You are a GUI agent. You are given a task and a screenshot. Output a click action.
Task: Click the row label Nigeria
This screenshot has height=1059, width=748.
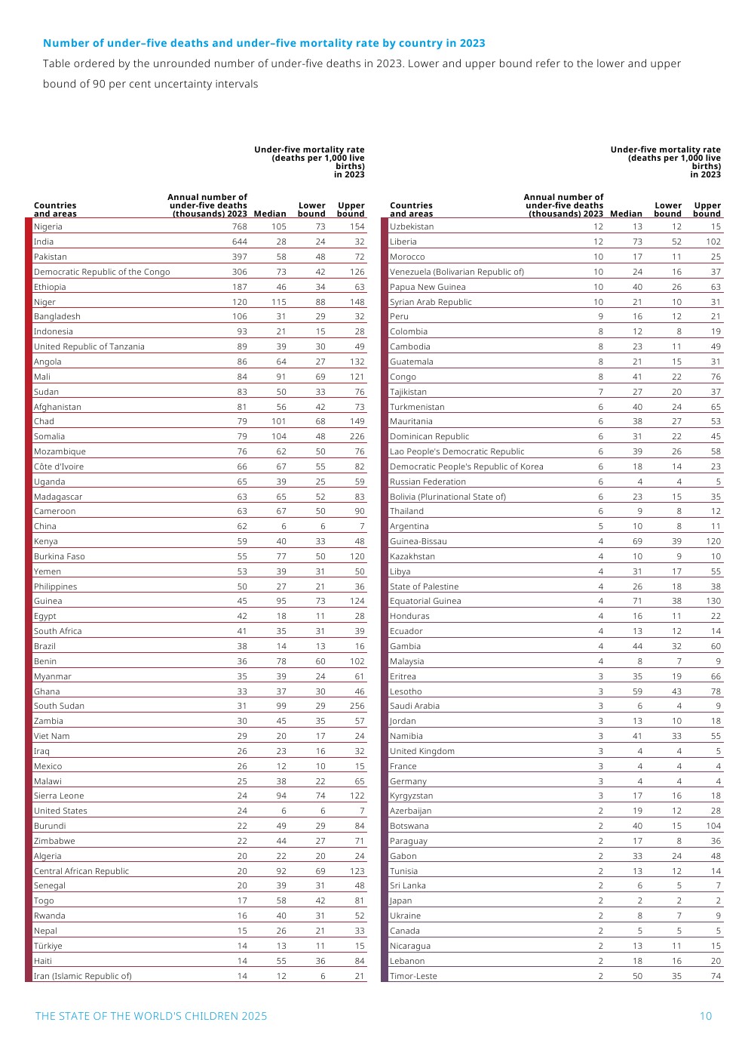pos(48,226)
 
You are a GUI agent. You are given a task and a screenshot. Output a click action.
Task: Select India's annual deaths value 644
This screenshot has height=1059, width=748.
pos(239,242)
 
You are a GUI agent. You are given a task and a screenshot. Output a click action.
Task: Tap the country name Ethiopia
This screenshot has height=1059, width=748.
pos(50,287)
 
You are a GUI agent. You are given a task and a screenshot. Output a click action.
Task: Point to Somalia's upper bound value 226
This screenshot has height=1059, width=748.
pos(357,436)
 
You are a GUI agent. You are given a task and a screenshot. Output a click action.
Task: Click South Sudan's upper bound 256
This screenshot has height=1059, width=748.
pos(357,706)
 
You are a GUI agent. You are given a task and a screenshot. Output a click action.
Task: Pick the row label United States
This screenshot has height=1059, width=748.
pos(60,811)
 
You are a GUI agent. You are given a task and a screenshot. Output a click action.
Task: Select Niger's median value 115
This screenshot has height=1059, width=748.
pos(278,302)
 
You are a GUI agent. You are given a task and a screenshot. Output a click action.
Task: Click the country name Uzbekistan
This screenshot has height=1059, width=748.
pos(412,226)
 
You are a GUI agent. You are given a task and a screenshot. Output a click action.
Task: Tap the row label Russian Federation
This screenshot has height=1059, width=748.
pos(428,482)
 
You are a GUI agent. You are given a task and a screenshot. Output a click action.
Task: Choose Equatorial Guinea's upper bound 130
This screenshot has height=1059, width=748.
pos(713,601)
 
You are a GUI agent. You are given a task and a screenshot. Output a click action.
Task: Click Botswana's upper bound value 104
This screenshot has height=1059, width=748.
pos(713,826)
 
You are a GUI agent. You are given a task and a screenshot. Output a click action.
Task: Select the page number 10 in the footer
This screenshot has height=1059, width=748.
pos(706,1016)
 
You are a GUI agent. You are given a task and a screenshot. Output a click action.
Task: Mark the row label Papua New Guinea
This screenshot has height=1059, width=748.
pos(428,287)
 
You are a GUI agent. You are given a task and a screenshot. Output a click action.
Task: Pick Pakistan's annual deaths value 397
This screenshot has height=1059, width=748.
pos(239,257)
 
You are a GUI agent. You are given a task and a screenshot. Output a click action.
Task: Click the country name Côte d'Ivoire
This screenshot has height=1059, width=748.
pos(59,466)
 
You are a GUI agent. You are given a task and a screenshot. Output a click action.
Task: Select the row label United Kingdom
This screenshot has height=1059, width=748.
pos(422,751)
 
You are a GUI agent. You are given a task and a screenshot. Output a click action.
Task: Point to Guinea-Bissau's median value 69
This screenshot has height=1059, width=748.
pos(637,541)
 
